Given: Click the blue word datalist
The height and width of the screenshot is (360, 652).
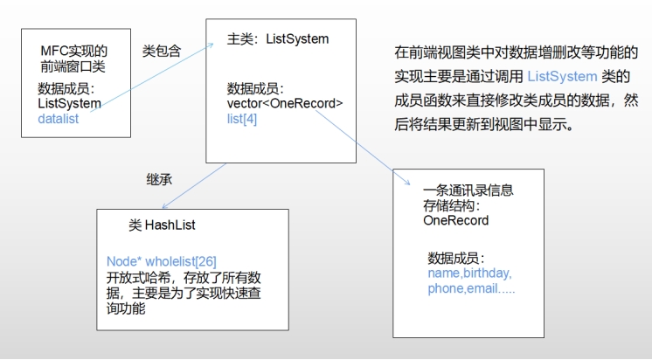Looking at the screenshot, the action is pyautogui.click(x=59, y=119).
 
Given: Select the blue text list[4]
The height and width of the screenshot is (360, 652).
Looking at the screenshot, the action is pyautogui.click(x=242, y=119).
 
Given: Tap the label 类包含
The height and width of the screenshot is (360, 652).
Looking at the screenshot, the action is pyautogui.click(x=162, y=52).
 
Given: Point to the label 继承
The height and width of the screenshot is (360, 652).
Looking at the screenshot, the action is pyautogui.click(x=159, y=180).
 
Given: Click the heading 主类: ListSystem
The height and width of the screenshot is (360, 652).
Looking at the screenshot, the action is pyautogui.click(x=278, y=39).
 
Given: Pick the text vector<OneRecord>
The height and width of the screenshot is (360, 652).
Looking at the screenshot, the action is pyautogui.click(x=285, y=103).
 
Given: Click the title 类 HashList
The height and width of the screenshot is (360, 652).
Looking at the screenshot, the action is pyautogui.click(x=162, y=225).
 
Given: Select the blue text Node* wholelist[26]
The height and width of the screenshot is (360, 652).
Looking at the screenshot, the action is pyautogui.click(x=162, y=261).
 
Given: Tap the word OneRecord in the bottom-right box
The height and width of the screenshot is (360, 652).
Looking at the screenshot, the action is pyautogui.click(x=455, y=220).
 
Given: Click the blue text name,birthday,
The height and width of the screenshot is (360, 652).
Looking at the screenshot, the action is pyautogui.click(x=469, y=273).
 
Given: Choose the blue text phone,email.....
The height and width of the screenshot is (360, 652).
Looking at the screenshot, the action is pyautogui.click(x=462, y=288).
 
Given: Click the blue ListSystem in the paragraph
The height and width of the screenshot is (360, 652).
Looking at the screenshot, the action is pyautogui.click(x=562, y=77).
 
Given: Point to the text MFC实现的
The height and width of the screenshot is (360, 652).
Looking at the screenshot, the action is pyautogui.click(x=74, y=52).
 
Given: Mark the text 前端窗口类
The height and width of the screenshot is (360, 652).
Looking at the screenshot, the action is pyautogui.click(x=73, y=66).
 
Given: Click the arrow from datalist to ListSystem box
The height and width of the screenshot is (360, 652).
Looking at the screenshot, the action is pyautogui.click(x=152, y=77).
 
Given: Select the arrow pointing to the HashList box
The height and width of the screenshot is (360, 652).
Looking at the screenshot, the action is pyautogui.click(x=194, y=186).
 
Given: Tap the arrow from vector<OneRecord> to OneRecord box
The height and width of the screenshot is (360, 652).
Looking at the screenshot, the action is pyautogui.click(x=363, y=148).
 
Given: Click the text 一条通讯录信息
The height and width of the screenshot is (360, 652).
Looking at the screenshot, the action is pyautogui.click(x=468, y=190).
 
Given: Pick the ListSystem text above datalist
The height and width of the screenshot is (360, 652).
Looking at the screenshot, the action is pyautogui.click(x=69, y=103).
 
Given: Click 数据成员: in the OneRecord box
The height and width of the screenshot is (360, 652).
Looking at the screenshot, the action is pyautogui.click(x=456, y=259).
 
